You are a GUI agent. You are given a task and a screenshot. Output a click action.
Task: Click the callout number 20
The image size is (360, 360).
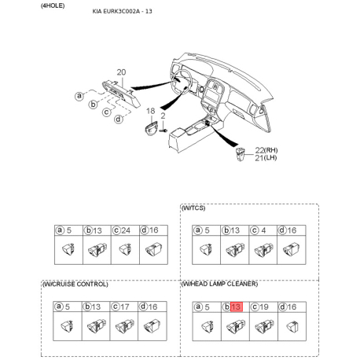click(121, 72)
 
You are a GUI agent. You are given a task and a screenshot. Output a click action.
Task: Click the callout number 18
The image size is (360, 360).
click(150, 111)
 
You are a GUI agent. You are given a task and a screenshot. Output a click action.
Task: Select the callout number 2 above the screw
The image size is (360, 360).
click(163, 116)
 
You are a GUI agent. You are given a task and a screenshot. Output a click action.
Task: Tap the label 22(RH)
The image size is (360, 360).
click(266, 150)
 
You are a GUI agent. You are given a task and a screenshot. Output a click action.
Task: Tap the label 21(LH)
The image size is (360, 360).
click(266, 158)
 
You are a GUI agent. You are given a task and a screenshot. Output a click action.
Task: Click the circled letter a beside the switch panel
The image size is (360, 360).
click(79, 96)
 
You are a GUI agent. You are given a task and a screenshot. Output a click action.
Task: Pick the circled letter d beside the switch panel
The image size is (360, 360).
click(119, 119)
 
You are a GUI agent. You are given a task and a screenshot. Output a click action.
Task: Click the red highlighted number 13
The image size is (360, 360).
click(237, 307)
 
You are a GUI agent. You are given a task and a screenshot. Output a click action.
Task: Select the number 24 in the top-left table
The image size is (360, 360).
click(126, 230)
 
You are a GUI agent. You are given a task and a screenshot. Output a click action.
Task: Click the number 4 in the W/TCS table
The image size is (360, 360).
click(263, 230)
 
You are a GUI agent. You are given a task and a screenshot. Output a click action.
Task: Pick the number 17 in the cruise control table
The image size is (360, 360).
click(124, 307)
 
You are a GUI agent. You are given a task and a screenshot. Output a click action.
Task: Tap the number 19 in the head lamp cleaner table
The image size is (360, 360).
click(264, 307)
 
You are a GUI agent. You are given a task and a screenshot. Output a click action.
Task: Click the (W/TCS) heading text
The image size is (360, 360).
click(193, 208)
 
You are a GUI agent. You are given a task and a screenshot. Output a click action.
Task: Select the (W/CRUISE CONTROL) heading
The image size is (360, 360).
click(75, 285)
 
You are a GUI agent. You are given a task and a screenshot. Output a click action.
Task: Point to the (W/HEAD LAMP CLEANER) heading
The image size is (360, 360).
click(219, 284)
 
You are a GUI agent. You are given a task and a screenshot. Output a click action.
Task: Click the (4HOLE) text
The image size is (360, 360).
click(53, 6)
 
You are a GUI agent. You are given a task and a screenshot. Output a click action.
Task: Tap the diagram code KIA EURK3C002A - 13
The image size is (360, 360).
click(122, 11)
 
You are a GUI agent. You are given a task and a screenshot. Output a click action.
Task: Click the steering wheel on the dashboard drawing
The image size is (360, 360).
click(182, 82)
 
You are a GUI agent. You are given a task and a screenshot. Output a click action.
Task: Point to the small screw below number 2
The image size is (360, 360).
click(163, 130)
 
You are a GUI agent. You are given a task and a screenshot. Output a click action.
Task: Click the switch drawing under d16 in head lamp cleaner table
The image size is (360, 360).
click(292, 326)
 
